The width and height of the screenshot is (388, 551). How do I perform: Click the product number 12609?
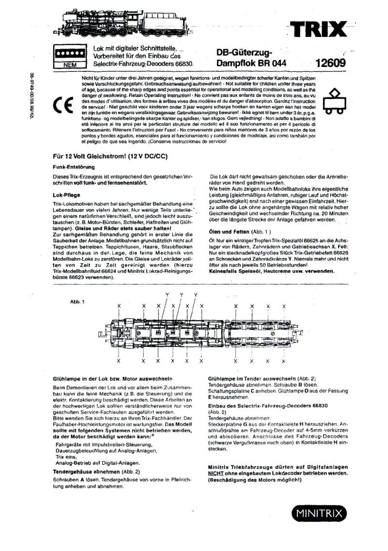coord(330,63)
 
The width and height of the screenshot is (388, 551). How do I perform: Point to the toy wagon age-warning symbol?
coord(335,102)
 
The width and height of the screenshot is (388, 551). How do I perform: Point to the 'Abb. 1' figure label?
coord(78,302)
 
